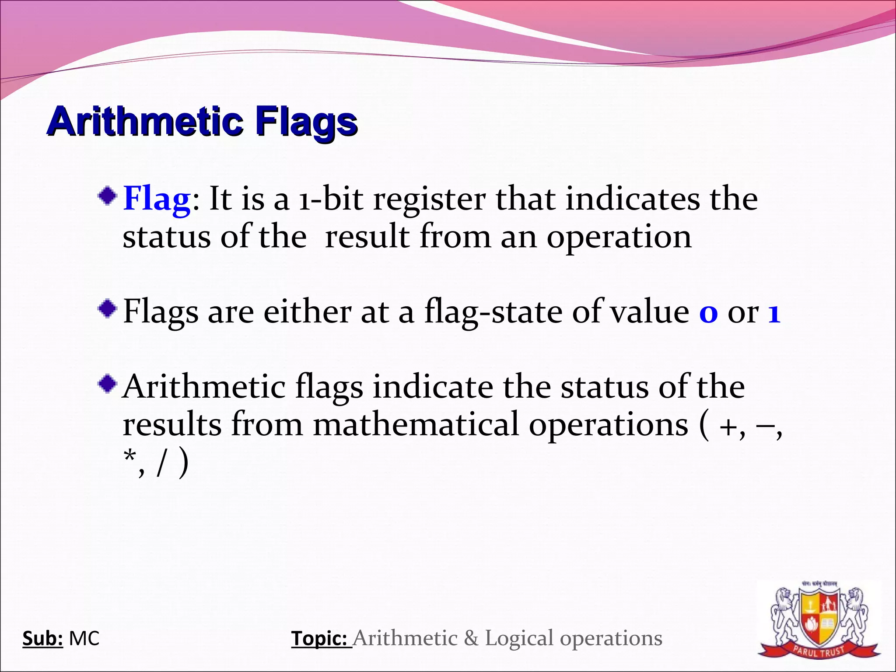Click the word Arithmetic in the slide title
coord(144,121)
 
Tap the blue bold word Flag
coord(157,199)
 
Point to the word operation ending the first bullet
coord(619,238)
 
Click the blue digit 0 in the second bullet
coord(708,314)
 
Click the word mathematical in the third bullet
coord(416,424)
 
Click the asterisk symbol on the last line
coord(129,458)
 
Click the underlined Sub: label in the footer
coord(42,638)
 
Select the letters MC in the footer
coord(84,638)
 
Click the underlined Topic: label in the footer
coord(321,638)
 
